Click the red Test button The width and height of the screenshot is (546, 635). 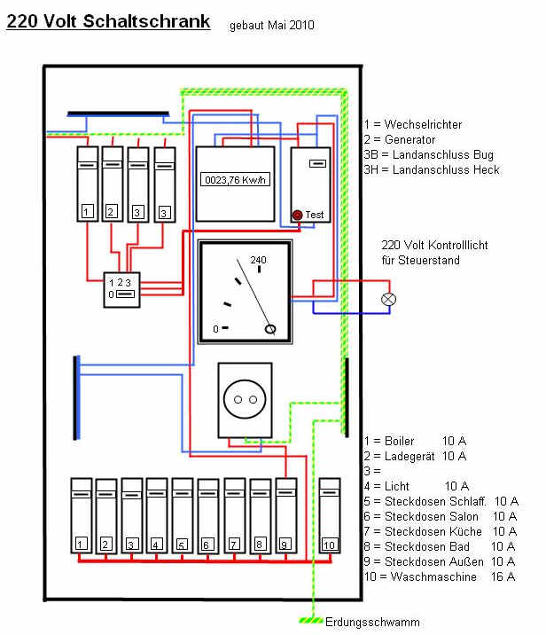[x=297, y=215]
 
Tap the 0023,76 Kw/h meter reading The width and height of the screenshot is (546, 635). [x=235, y=180]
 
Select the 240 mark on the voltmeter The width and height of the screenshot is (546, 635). [x=258, y=260]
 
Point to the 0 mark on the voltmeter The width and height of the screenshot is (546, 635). [x=215, y=329]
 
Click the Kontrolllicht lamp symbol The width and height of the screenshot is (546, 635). [x=388, y=299]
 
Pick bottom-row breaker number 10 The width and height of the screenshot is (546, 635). [x=330, y=516]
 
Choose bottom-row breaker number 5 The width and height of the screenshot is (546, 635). [x=182, y=516]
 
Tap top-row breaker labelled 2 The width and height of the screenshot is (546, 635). [x=112, y=184]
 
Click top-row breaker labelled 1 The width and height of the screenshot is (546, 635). [x=88, y=184]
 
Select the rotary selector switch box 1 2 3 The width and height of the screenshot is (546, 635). [x=121, y=289]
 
